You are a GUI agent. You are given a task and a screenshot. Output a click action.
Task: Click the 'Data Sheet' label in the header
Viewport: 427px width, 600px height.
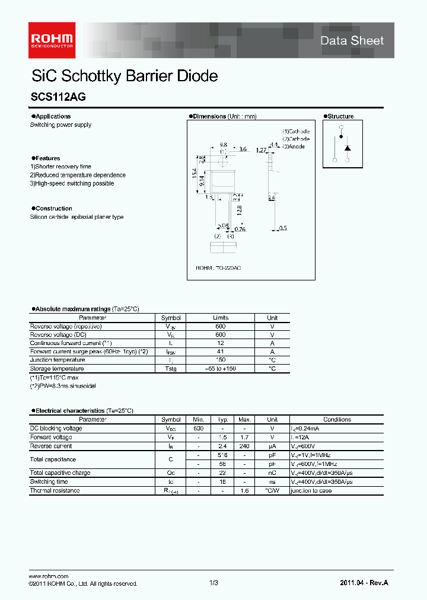pyautogui.click(x=352, y=40)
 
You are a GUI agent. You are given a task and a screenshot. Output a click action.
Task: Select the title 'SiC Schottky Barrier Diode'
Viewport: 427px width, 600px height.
pyautogui.click(x=124, y=76)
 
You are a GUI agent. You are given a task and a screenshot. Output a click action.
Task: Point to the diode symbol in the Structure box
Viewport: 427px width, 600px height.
pyautogui.click(x=348, y=147)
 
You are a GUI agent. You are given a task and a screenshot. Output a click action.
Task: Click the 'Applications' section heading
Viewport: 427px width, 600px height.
pyautogui.click(x=52, y=116)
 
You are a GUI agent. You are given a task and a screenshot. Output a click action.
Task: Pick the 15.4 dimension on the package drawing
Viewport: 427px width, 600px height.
pyautogui.click(x=194, y=173)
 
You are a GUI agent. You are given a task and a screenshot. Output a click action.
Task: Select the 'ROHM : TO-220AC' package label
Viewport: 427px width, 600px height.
pyautogui.click(x=218, y=268)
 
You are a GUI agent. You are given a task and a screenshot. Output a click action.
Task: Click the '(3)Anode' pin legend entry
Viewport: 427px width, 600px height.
pyautogui.click(x=294, y=146)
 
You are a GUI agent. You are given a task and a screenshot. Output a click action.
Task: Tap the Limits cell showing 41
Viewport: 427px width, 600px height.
pyautogui.click(x=221, y=352)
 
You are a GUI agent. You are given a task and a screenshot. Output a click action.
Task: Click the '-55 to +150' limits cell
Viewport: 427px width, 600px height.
pyautogui.click(x=221, y=369)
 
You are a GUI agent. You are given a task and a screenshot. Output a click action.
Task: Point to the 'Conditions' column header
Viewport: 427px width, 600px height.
pyautogui.click(x=337, y=419)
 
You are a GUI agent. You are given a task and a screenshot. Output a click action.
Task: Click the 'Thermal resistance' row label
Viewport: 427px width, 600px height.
pyautogui.click(x=55, y=490)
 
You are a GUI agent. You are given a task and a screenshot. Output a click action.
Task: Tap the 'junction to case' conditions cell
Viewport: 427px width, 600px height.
pyautogui.click(x=312, y=490)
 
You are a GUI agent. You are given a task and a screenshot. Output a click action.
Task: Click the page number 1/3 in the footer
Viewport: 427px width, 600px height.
pyautogui.click(x=213, y=583)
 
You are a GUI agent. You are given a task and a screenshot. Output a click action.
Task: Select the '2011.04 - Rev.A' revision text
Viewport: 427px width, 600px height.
pyautogui.click(x=364, y=583)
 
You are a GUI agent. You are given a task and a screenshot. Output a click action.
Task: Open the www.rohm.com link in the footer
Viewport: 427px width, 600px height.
pyautogui.click(x=49, y=576)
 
